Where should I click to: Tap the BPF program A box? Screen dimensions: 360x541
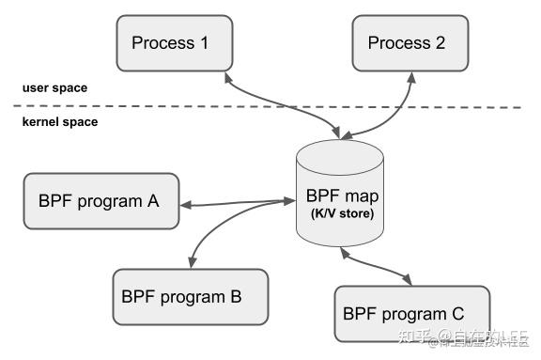(x=100, y=200)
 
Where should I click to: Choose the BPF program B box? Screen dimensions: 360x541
(x=190, y=296)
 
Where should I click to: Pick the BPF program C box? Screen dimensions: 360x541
(x=413, y=313)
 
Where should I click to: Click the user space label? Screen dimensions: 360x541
(x=54, y=87)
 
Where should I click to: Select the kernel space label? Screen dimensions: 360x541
(x=60, y=122)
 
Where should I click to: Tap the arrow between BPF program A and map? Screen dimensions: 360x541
(x=235, y=201)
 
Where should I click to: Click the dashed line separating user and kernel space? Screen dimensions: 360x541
(x=282, y=105)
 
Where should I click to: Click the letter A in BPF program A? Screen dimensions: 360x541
(x=152, y=200)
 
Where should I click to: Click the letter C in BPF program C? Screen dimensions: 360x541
(x=456, y=313)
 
